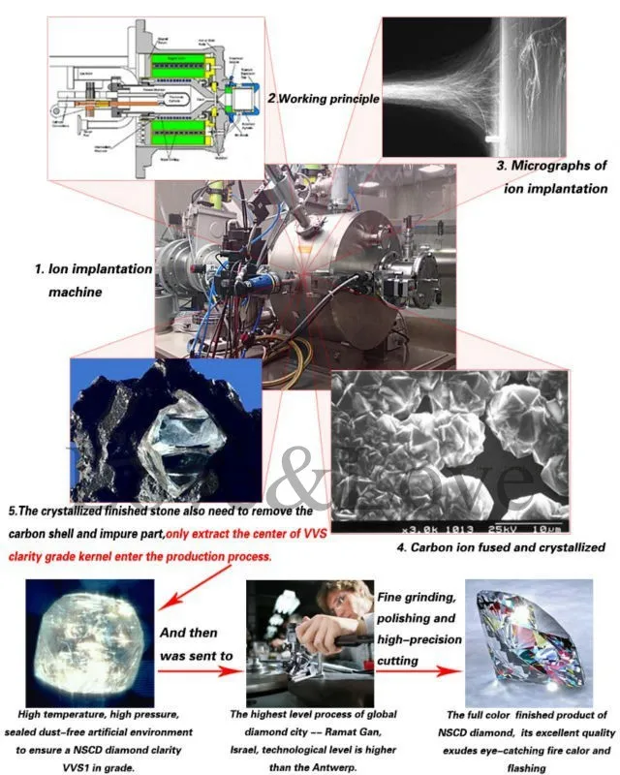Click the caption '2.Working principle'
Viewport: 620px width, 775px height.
pos(323,99)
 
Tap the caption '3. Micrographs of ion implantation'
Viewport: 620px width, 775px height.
pos(552,177)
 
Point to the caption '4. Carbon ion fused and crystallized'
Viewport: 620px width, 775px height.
pos(501,547)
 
